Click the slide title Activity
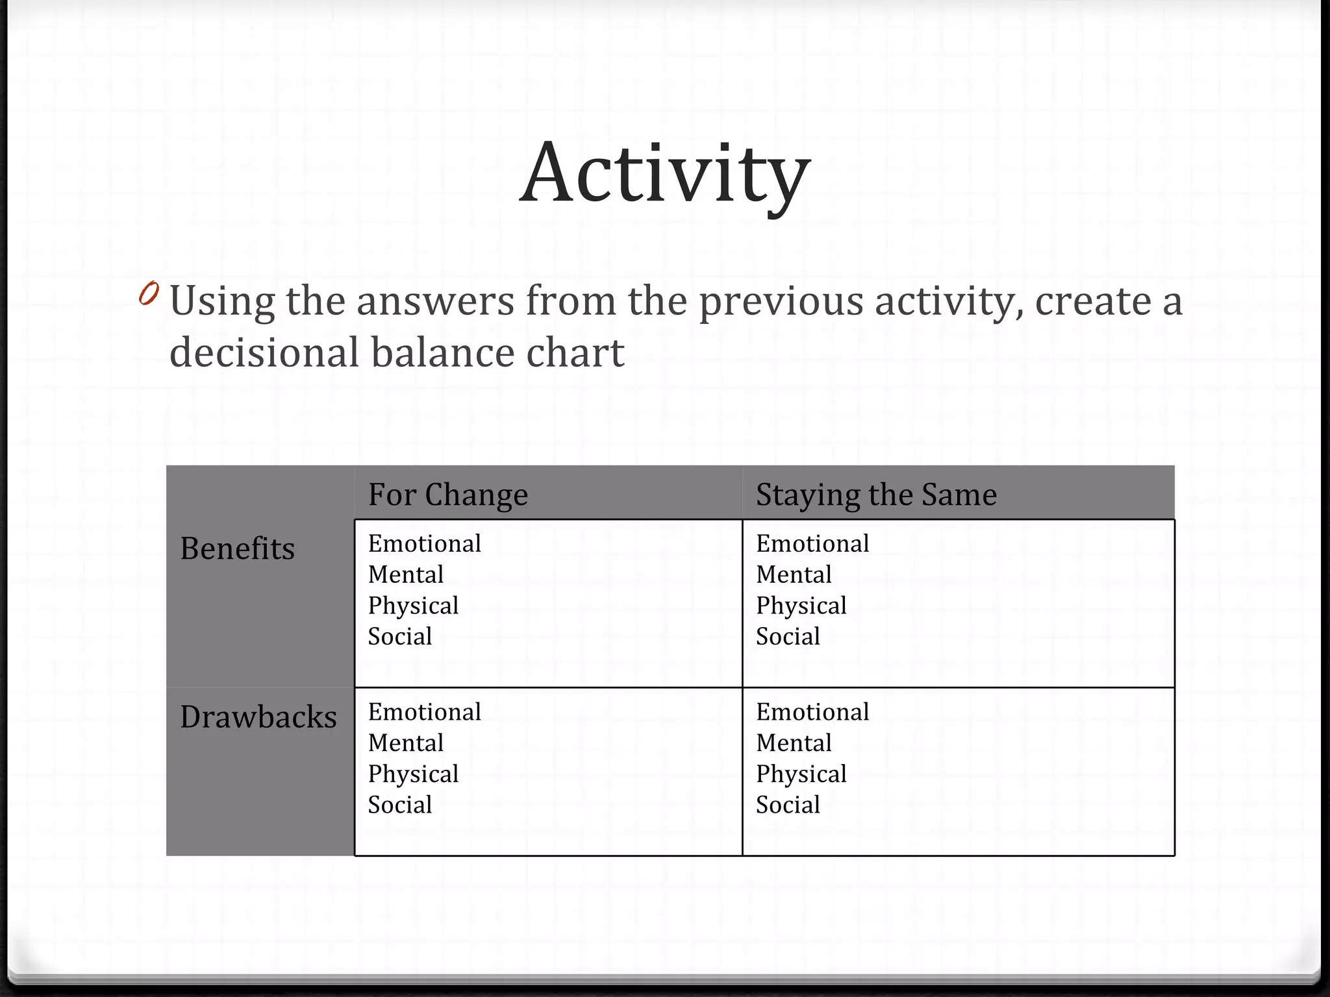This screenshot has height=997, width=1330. click(665, 174)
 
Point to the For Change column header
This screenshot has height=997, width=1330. click(448, 495)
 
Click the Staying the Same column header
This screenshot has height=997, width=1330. click(876, 495)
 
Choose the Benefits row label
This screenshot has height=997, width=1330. click(237, 548)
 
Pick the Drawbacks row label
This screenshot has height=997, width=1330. click(258, 717)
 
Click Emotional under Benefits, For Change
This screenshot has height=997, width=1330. click(425, 543)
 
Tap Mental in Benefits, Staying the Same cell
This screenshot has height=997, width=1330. click(794, 574)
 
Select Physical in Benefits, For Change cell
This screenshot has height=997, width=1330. click(413, 606)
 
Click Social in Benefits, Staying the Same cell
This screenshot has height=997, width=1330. click(788, 636)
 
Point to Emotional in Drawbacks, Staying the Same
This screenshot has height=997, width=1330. click(812, 712)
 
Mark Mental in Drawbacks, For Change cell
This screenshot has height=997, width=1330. click(406, 743)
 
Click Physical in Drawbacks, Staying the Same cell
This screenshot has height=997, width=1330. click(801, 774)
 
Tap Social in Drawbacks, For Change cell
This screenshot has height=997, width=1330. click(400, 805)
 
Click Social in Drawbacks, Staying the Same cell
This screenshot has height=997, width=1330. click(788, 805)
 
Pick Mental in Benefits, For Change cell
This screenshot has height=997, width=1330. click(406, 574)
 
